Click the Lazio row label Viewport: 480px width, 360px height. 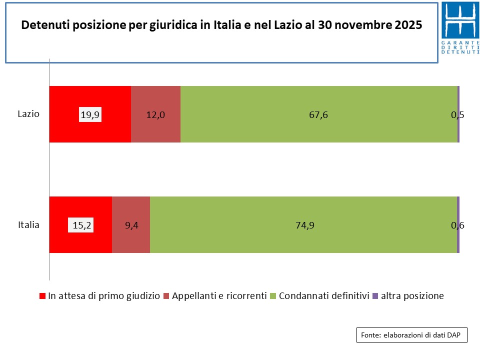coord(28,113)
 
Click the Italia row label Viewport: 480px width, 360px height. coord(28,224)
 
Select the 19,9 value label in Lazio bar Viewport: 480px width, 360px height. coord(90,115)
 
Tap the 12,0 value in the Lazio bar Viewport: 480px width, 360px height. coord(155,115)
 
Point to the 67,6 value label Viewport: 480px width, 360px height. coord(318,115)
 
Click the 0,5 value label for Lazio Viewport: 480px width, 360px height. coord(457,115)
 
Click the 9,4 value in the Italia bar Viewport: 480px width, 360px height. coord(131,225)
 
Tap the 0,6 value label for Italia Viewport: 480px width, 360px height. coord(457,225)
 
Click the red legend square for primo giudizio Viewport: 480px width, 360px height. coord(42,296)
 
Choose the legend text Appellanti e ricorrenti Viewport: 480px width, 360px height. coord(219,295)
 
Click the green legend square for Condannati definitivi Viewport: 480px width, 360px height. coord(273,296)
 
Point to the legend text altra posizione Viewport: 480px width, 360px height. coord(412,295)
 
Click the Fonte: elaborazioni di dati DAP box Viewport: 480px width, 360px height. coord(412,335)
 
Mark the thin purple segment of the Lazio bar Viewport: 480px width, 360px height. coord(458,114)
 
